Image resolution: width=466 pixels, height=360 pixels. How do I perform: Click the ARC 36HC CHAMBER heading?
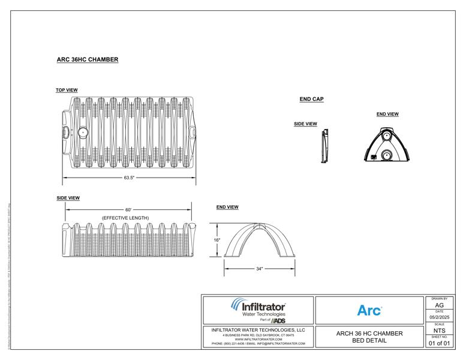86,60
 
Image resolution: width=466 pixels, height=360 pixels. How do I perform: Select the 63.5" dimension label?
129,178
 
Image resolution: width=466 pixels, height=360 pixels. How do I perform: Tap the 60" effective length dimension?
128,209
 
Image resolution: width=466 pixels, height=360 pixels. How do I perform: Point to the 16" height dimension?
217,241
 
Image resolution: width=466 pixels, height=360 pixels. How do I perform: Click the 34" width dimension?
259,269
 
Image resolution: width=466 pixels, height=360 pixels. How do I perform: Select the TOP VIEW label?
67,90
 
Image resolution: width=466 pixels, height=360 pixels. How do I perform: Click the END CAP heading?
311,99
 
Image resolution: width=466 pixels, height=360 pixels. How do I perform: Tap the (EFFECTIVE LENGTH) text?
125,217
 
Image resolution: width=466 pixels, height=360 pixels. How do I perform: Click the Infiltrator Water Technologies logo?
258,310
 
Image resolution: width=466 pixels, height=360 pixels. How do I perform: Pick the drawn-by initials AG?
440,305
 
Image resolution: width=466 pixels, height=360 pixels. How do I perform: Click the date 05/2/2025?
440,319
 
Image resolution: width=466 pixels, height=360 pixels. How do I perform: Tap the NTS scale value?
440,330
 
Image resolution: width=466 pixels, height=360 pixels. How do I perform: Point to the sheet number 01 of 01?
440,343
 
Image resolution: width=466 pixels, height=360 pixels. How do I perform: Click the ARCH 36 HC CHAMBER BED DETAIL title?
369,337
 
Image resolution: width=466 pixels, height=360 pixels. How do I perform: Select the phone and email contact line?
258,344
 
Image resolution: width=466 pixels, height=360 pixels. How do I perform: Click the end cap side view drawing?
324,146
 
